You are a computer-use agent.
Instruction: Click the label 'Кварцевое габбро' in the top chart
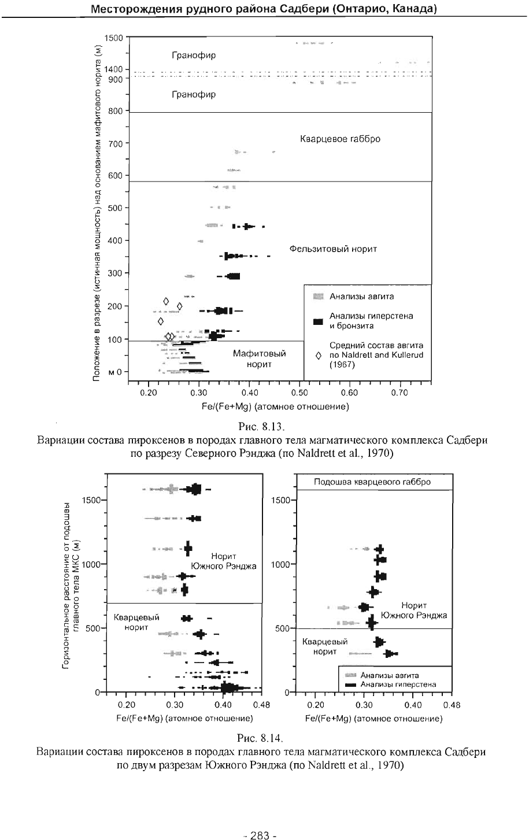pos(340,139)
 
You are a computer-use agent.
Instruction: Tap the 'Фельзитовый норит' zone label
pos(333,249)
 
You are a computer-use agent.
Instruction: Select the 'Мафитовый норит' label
pos(259,358)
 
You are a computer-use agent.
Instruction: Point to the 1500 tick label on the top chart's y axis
pos(113,38)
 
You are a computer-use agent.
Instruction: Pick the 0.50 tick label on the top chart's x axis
pos(299,393)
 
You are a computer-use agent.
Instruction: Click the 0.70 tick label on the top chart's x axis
pos(399,393)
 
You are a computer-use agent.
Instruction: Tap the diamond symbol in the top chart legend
pos(319,356)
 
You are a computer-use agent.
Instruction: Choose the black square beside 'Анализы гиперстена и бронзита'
pos(319,321)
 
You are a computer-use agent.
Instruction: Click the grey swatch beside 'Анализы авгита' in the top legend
pos(319,297)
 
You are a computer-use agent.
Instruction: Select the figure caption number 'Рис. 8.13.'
pos(262,427)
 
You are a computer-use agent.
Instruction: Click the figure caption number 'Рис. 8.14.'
pos(260,738)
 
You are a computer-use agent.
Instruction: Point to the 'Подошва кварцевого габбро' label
pos(372,482)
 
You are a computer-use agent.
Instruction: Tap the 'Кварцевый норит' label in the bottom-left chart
pos(136,623)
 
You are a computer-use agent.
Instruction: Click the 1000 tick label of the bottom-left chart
pos(91,564)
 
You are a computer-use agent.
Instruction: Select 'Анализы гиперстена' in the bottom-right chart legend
pos(398,684)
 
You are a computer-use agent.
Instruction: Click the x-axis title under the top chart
pos(275,406)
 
